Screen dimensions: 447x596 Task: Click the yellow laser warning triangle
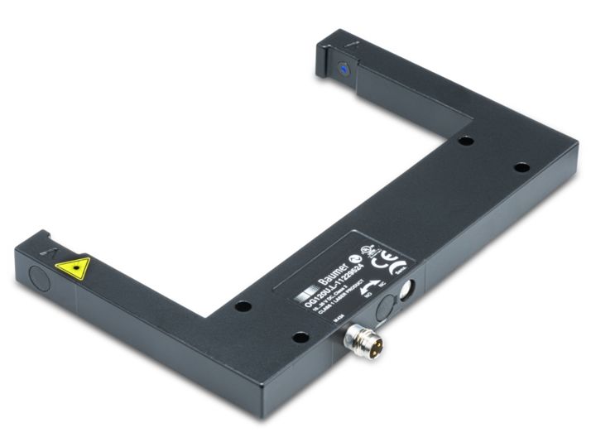pyautogui.click(x=73, y=267)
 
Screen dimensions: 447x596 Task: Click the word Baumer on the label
pyautogui.click(x=334, y=272)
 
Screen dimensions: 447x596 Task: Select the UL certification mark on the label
pyautogui.click(x=372, y=248)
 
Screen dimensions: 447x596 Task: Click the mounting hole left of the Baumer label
pyautogui.click(x=243, y=306)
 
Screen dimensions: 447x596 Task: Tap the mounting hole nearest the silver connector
pyautogui.click(x=300, y=336)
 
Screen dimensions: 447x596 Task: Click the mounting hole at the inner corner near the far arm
pyautogui.click(x=467, y=141)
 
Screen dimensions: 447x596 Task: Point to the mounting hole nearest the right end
pyautogui.click(x=521, y=167)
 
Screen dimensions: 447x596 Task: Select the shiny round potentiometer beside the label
pyautogui.click(x=406, y=289)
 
